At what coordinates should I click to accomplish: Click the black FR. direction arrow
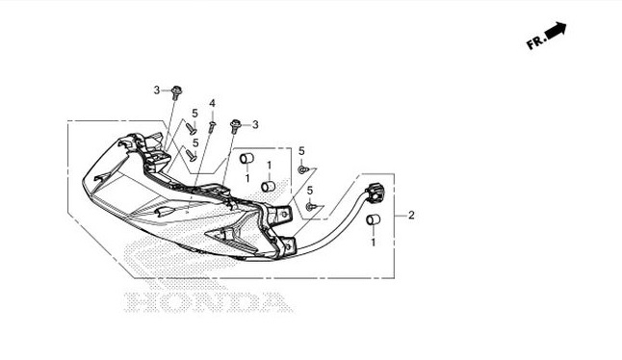(x=556, y=32)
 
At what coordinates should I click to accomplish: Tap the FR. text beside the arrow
(x=535, y=42)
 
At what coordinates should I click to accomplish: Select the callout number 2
(x=411, y=215)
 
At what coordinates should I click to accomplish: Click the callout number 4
(x=212, y=103)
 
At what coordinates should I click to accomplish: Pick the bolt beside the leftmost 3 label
(x=178, y=91)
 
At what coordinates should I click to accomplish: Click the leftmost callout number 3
(x=156, y=90)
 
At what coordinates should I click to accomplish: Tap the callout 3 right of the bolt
(x=256, y=124)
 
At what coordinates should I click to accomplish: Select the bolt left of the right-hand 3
(x=236, y=124)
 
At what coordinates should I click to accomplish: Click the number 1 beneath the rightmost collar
(x=374, y=243)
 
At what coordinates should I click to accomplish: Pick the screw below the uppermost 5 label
(x=192, y=127)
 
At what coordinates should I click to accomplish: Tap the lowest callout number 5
(x=310, y=191)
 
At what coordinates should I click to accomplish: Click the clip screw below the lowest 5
(x=310, y=206)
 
